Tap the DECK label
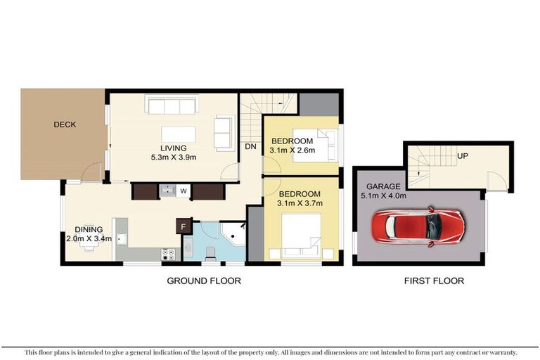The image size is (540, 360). [x=65, y=124]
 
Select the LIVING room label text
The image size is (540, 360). [x=173, y=148]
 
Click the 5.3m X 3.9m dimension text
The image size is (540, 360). [x=173, y=157]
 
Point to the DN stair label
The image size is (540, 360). [x=250, y=147]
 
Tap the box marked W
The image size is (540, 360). [x=182, y=191]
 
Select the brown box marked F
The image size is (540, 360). [x=184, y=226]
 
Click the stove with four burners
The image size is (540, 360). [x=169, y=253]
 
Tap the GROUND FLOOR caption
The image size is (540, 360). [x=203, y=281]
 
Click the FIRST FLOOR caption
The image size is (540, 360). [x=433, y=281]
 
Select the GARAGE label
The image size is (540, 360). [x=382, y=186]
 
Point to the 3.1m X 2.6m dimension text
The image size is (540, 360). [x=292, y=150]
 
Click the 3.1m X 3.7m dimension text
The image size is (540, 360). [x=300, y=203]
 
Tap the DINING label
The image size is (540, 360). [x=89, y=229]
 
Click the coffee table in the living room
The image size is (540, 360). [x=174, y=134]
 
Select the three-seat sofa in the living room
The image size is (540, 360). [x=169, y=105]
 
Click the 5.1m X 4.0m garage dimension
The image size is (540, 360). [x=383, y=196]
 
